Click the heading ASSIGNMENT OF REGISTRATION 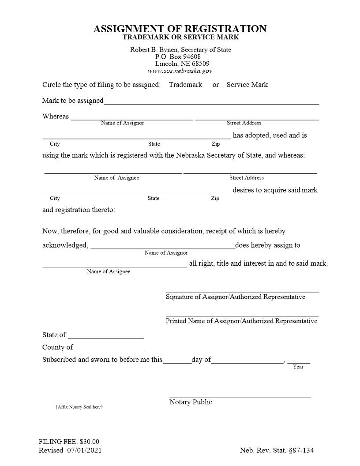[180, 29]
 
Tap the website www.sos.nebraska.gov [180, 71]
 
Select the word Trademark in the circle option [185, 85]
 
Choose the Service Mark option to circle [247, 85]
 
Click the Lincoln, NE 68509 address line [182, 64]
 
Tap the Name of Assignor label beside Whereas [122, 123]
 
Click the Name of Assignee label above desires [116, 178]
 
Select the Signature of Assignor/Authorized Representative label [235, 297]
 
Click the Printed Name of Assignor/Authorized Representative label [241, 321]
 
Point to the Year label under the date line [298, 367]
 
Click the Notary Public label [191, 402]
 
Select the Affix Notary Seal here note [79, 407]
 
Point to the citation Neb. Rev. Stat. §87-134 [277, 451]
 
